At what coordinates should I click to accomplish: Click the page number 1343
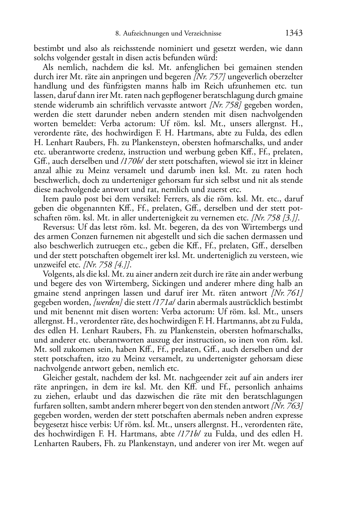(294, 33)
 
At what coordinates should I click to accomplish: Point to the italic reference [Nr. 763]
(287, 406)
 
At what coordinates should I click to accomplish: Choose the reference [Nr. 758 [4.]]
(107, 265)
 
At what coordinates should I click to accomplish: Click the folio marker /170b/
(132, 161)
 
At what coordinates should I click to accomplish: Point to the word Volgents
(57, 274)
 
